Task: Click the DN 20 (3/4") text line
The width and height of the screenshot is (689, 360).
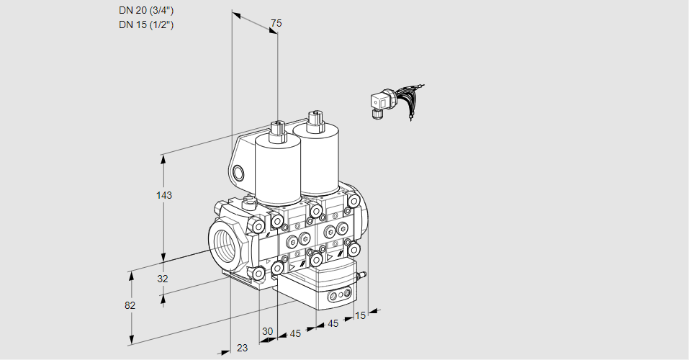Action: (146, 11)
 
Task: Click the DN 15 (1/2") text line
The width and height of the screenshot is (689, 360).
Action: (146, 25)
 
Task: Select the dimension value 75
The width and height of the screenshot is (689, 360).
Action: (276, 23)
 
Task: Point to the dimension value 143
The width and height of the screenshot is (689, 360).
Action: (164, 195)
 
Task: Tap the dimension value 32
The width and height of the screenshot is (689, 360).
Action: (162, 279)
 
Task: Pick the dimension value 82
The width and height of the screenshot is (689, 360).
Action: (130, 305)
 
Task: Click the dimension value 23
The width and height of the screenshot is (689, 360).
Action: (242, 348)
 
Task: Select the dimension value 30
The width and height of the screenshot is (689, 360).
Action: (267, 331)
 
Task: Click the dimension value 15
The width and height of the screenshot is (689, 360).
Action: (360, 315)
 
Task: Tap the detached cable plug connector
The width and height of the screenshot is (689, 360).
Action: (379, 104)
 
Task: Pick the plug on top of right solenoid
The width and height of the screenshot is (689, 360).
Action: (313, 121)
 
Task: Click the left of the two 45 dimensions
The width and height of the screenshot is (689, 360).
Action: (294, 333)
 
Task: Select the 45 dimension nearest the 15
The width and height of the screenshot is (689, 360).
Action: (333, 324)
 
